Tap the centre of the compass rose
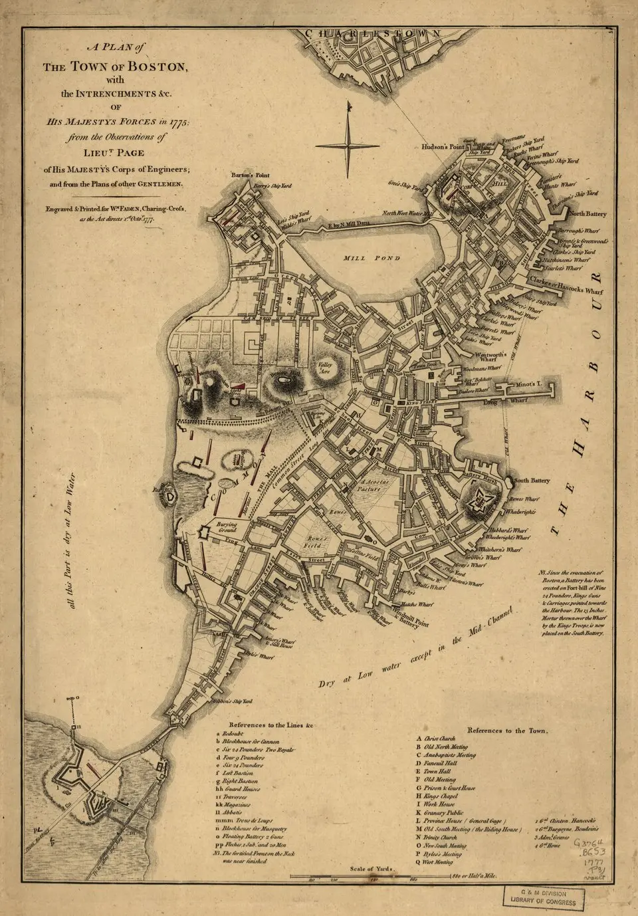pyautogui.click(x=347, y=145)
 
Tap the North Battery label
pyautogui.click(x=587, y=214)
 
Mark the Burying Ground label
pyautogui.click(x=227, y=528)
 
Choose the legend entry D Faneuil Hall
pyautogui.click(x=441, y=764)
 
